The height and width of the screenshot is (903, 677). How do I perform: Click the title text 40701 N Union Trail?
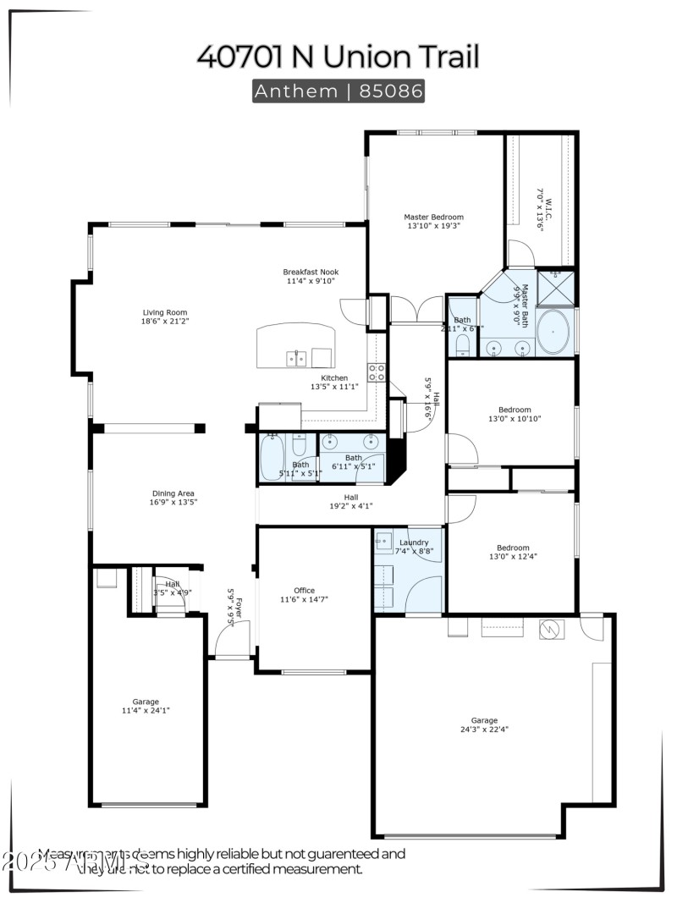point(338,56)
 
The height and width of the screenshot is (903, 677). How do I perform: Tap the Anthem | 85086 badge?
point(338,91)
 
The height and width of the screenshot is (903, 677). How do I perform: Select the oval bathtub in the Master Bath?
point(554,332)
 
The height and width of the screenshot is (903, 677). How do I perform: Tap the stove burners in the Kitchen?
point(377,372)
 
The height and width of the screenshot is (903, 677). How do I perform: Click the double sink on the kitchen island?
point(296,359)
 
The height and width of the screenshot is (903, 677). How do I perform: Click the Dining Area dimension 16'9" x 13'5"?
point(173,502)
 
